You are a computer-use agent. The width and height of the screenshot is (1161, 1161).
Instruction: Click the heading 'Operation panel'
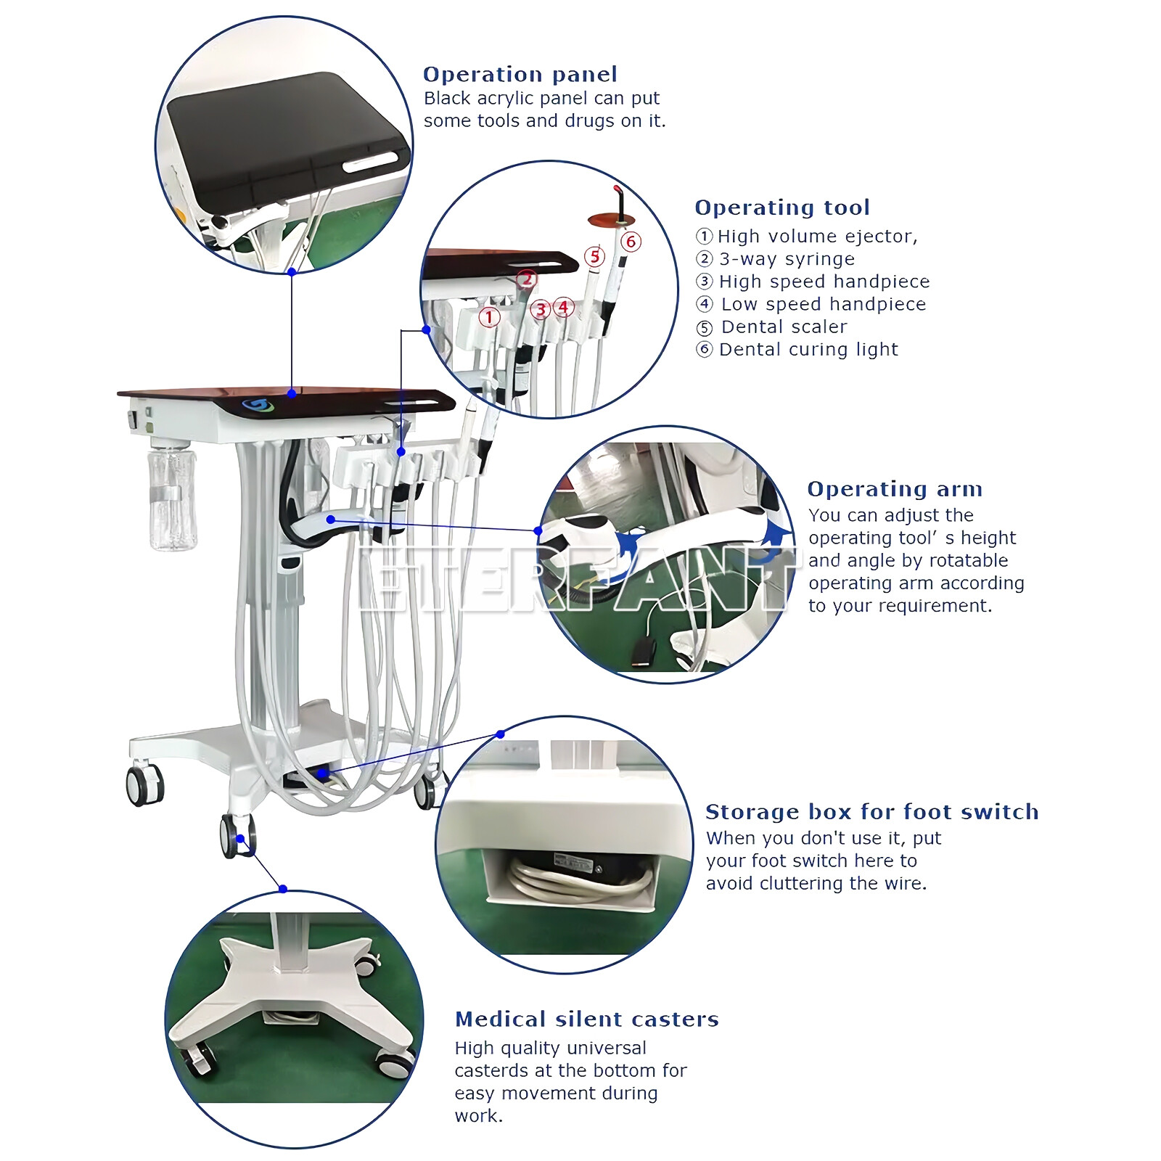(x=520, y=74)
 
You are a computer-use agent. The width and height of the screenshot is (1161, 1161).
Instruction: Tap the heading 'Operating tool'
(x=781, y=208)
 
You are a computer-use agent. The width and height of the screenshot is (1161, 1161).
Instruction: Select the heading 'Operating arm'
(x=894, y=489)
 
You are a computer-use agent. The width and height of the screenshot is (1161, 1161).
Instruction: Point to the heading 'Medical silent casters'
(x=586, y=1019)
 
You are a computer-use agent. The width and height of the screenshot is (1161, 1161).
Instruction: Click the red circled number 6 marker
(x=631, y=242)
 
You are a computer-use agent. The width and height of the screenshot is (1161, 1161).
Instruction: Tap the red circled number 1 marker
(x=490, y=317)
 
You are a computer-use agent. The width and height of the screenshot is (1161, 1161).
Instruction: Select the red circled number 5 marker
(x=595, y=256)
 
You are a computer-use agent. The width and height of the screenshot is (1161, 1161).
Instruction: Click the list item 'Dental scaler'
(x=783, y=327)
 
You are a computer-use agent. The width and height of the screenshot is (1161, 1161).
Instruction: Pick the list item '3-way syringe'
(x=786, y=259)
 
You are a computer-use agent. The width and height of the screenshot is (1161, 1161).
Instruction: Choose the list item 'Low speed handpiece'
(x=823, y=305)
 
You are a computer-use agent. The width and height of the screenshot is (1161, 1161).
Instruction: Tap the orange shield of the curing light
(x=611, y=220)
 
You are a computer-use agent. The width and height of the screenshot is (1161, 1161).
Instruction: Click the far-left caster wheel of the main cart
(x=144, y=785)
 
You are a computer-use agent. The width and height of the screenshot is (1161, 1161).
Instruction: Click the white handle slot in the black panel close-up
(x=370, y=162)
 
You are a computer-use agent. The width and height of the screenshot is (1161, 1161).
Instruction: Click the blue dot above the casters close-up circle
(x=283, y=889)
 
